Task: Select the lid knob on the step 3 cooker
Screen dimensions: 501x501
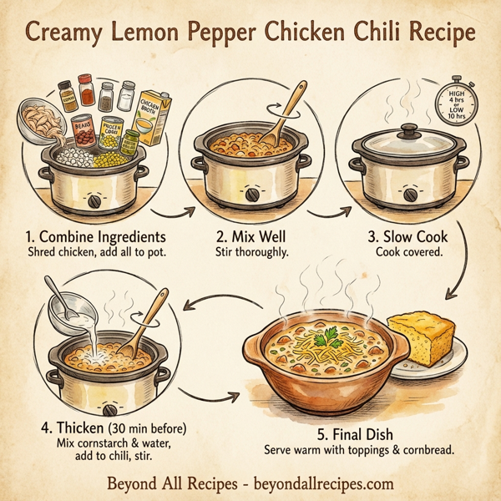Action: point(409,131)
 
